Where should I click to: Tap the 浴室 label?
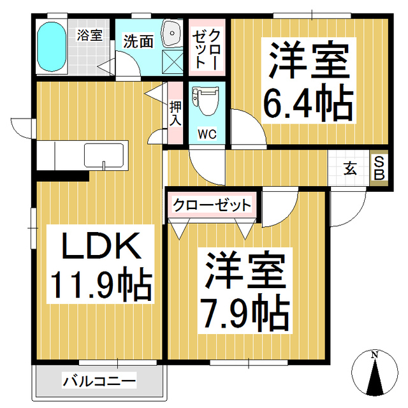point(89,35)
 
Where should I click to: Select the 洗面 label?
point(138,42)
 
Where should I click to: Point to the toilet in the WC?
point(206,102)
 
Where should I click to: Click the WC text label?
point(206,134)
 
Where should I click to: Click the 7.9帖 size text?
point(245,310)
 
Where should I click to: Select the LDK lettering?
point(100,246)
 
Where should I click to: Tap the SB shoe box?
point(379,168)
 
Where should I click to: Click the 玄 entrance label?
point(351,169)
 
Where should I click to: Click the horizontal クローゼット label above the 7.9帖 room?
point(212,205)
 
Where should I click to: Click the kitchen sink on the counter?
point(105,156)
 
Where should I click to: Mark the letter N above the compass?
point(375,354)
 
